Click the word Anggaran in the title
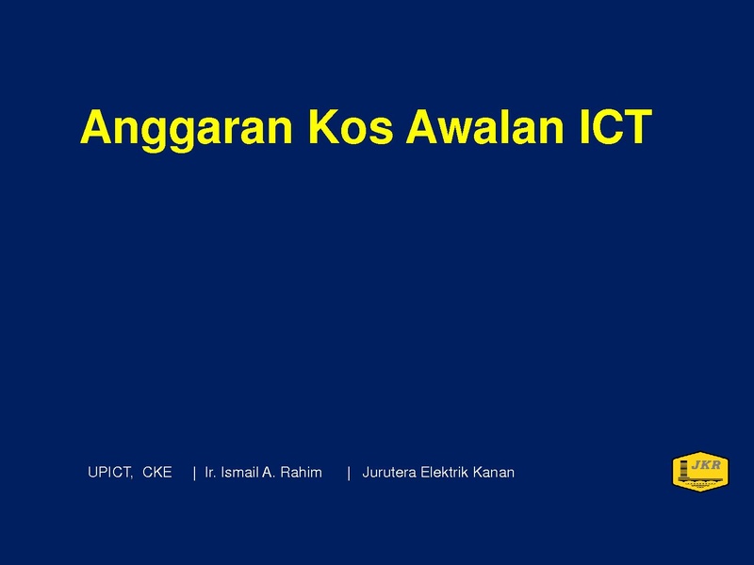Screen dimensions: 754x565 pyautogui.click(x=186, y=128)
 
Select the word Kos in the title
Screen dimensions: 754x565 pyautogui.click(x=351, y=127)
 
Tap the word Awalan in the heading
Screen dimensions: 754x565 pyautogui.click(x=484, y=127)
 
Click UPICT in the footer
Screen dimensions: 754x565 pyautogui.click(x=108, y=473)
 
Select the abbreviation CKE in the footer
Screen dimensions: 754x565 pyautogui.click(x=157, y=473)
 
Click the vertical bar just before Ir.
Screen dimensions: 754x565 pyautogui.click(x=194, y=473)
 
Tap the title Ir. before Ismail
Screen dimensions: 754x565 pyautogui.click(x=210, y=473)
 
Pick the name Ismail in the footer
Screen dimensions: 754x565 pyautogui.click(x=239, y=473)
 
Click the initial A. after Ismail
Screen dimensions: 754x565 pyautogui.click(x=269, y=473)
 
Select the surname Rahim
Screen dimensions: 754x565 pyautogui.click(x=301, y=473)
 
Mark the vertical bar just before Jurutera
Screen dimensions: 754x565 pyautogui.click(x=349, y=473)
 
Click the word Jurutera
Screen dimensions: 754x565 pyautogui.click(x=389, y=473)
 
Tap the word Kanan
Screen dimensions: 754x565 pyautogui.click(x=494, y=473)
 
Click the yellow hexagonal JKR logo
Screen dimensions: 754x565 pyautogui.click(x=700, y=472)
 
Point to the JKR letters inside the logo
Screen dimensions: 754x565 pyautogui.click(x=706, y=464)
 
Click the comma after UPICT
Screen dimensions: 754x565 pyautogui.click(x=131, y=477)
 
